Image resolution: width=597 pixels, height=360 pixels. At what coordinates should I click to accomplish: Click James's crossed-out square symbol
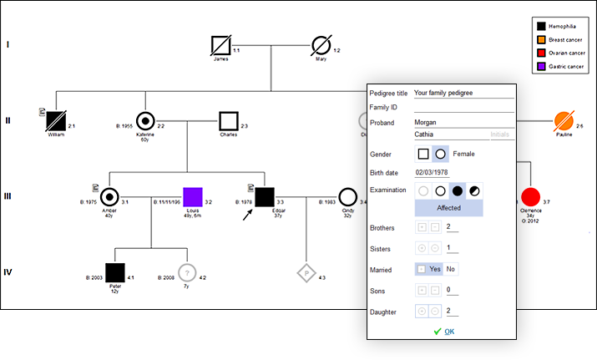pyautogui.click(x=220, y=44)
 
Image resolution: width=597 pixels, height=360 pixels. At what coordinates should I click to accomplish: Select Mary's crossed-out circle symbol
pyautogui.click(x=321, y=44)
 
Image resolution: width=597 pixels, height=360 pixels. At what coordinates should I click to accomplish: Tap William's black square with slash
pyautogui.click(x=56, y=120)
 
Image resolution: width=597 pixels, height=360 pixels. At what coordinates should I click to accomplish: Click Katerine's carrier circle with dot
pyautogui.click(x=145, y=120)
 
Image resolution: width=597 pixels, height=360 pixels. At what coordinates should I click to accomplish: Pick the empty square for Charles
pyautogui.click(x=228, y=120)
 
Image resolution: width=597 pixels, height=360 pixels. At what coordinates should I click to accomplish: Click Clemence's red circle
pyautogui.click(x=530, y=197)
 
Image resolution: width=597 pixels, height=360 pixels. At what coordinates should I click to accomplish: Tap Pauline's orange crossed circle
pyautogui.click(x=564, y=120)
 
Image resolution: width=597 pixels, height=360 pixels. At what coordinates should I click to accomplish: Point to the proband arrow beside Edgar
pyautogui.click(x=248, y=215)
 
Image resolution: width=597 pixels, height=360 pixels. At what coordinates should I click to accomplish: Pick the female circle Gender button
pyautogui.click(x=439, y=154)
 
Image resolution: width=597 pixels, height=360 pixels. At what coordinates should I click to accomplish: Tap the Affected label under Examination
pyautogui.click(x=449, y=208)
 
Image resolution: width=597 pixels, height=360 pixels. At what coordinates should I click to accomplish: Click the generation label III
pyautogui.click(x=8, y=196)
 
